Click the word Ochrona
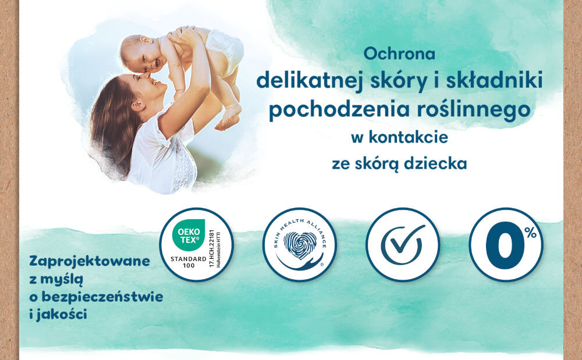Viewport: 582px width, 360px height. coord(399,54)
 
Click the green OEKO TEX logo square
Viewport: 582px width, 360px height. coord(188,233)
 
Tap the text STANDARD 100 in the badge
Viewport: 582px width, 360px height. coord(187,261)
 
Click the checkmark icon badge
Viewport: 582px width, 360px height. coord(402,244)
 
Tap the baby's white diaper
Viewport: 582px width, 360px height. coord(226,49)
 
